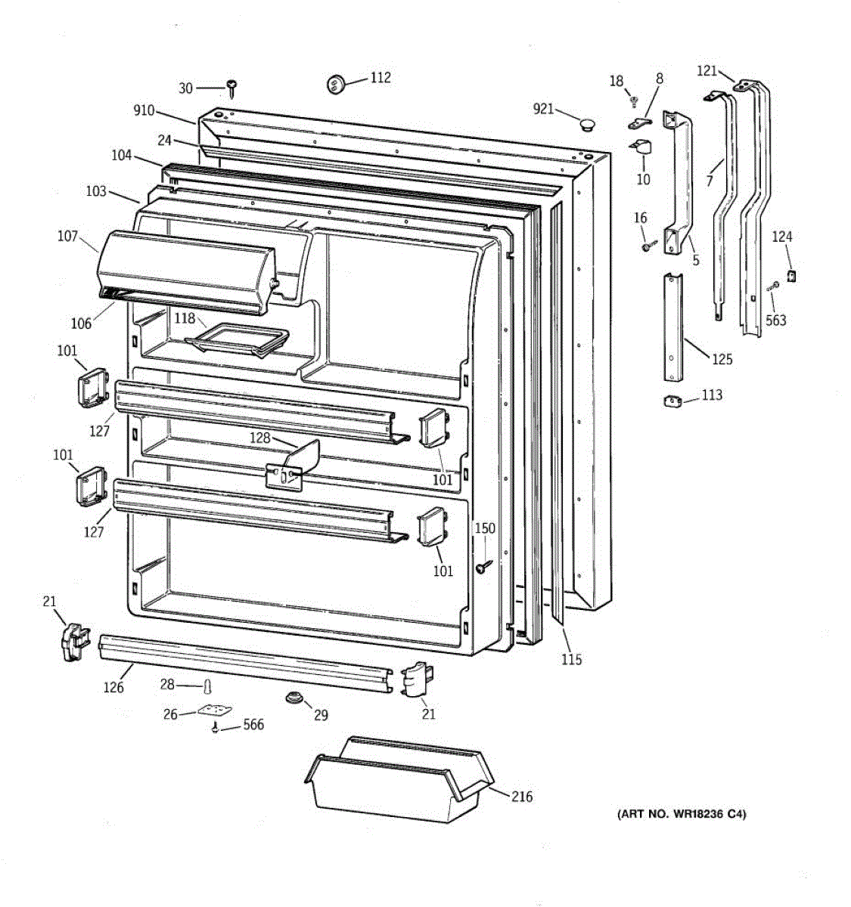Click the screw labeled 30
(232, 88)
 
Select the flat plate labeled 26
(214, 711)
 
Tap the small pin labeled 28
(206, 686)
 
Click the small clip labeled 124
(792, 275)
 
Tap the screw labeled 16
(648, 245)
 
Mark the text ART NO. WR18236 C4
(682, 814)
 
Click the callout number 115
(572, 660)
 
